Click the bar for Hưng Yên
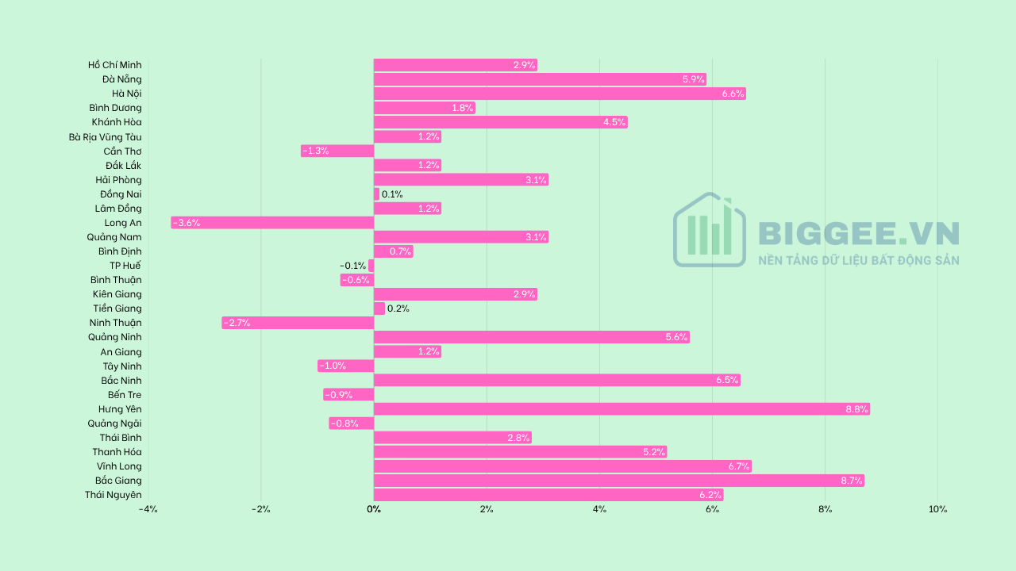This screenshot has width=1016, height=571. point(622,409)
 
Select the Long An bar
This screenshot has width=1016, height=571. point(272,223)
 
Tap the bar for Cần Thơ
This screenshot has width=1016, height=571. point(337,151)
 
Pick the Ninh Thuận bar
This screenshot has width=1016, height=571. point(298,323)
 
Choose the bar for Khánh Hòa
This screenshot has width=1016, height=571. point(501,122)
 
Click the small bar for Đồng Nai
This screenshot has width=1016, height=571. point(376,194)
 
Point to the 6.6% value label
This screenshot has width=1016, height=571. point(733,94)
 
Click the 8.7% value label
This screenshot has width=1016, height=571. point(852,481)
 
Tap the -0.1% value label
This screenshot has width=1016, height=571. point(353,266)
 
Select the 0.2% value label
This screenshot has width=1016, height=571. point(398,308)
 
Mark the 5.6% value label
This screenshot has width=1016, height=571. point(677,337)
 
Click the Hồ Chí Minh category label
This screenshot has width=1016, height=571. point(115,65)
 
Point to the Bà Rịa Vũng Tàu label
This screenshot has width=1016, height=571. point(106,137)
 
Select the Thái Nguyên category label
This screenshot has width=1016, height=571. point(114,495)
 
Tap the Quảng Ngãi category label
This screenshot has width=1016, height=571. point(115,423)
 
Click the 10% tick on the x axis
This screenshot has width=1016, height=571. point(937,509)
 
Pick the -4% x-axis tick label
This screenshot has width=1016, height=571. point(148,509)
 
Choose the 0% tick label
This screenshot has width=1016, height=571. point(374,509)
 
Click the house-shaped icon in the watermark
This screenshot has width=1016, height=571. point(710,229)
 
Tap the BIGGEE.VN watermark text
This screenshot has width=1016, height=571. point(859,233)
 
